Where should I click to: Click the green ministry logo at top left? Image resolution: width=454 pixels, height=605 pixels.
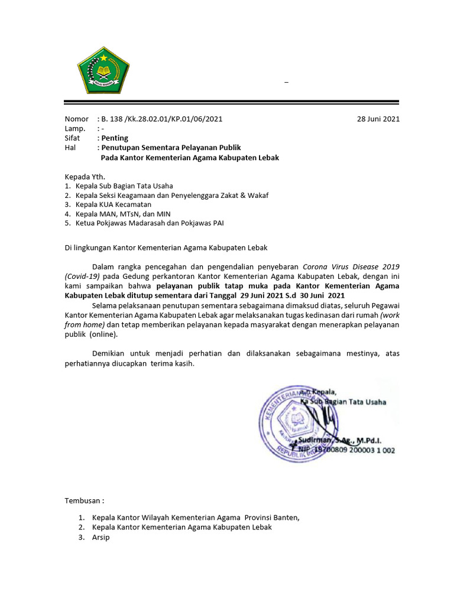pos(104,70)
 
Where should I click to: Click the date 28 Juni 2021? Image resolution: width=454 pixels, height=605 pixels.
pos(378,119)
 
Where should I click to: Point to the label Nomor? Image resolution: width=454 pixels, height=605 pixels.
pos(76,119)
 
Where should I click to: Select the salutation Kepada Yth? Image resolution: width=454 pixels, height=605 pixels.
pos(85,177)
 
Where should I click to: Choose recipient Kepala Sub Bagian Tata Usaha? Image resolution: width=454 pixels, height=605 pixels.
pos(124,186)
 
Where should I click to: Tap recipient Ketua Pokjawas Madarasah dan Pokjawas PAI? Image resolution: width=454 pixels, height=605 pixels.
pos(149,223)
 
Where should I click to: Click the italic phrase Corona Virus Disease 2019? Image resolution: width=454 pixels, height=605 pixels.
pos(351,266)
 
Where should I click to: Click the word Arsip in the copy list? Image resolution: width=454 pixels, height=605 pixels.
pos(101,538)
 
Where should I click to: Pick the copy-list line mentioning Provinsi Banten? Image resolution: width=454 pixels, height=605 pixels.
pos(196,518)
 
